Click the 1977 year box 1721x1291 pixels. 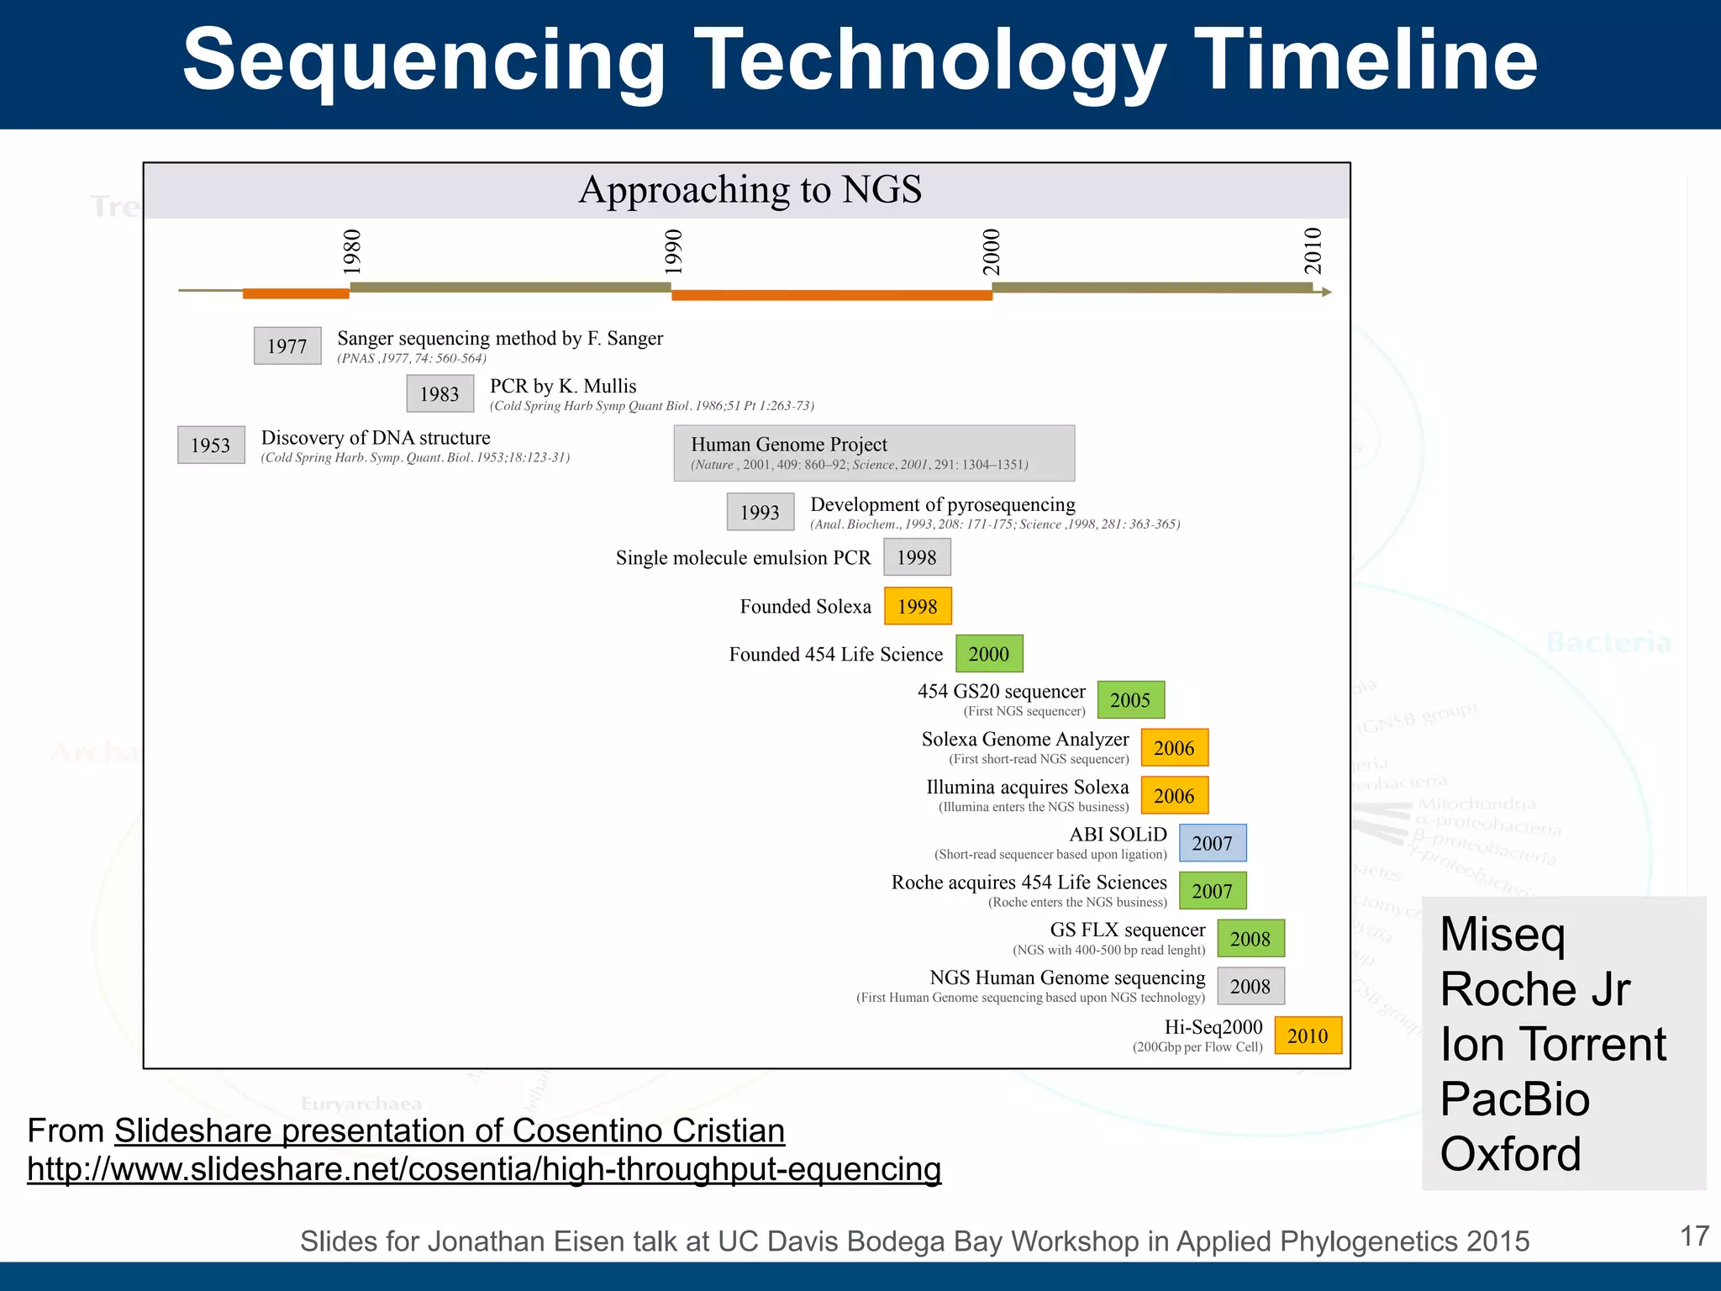pyautogui.click(x=287, y=345)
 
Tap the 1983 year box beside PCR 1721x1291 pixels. pyautogui.click(x=439, y=393)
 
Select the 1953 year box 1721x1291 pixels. pyautogui.click(x=211, y=445)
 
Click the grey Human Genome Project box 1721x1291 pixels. pyautogui.click(x=874, y=453)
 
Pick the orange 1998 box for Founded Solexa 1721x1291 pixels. pyautogui.click(x=918, y=606)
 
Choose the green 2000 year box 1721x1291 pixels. pyautogui.click(x=989, y=653)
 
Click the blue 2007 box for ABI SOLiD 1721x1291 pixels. pyautogui.click(x=1212, y=843)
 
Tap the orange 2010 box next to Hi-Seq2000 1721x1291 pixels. pyautogui.click(x=1308, y=1035)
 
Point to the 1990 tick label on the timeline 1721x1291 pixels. pyautogui.click(x=673, y=251)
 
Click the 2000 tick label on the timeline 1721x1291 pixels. pyautogui.click(x=992, y=251)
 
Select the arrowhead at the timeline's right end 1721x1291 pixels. pyautogui.click(x=1326, y=292)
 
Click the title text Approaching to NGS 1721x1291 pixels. pyautogui.click(x=750, y=190)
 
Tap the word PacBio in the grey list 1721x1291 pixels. pyautogui.click(x=1514, y=1099)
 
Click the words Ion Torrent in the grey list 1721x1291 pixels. pyautogui.click(x=1553, y=1044)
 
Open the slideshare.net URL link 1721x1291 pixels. pyautogui.click(x=484, y=1169)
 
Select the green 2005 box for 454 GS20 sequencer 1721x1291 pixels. pyautogui.click(x=1130, y=699)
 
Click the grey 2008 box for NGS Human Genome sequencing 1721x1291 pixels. pyautogui.click(x=1250, y=986)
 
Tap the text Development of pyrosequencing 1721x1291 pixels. pyautogui.click(x=942, y=504)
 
